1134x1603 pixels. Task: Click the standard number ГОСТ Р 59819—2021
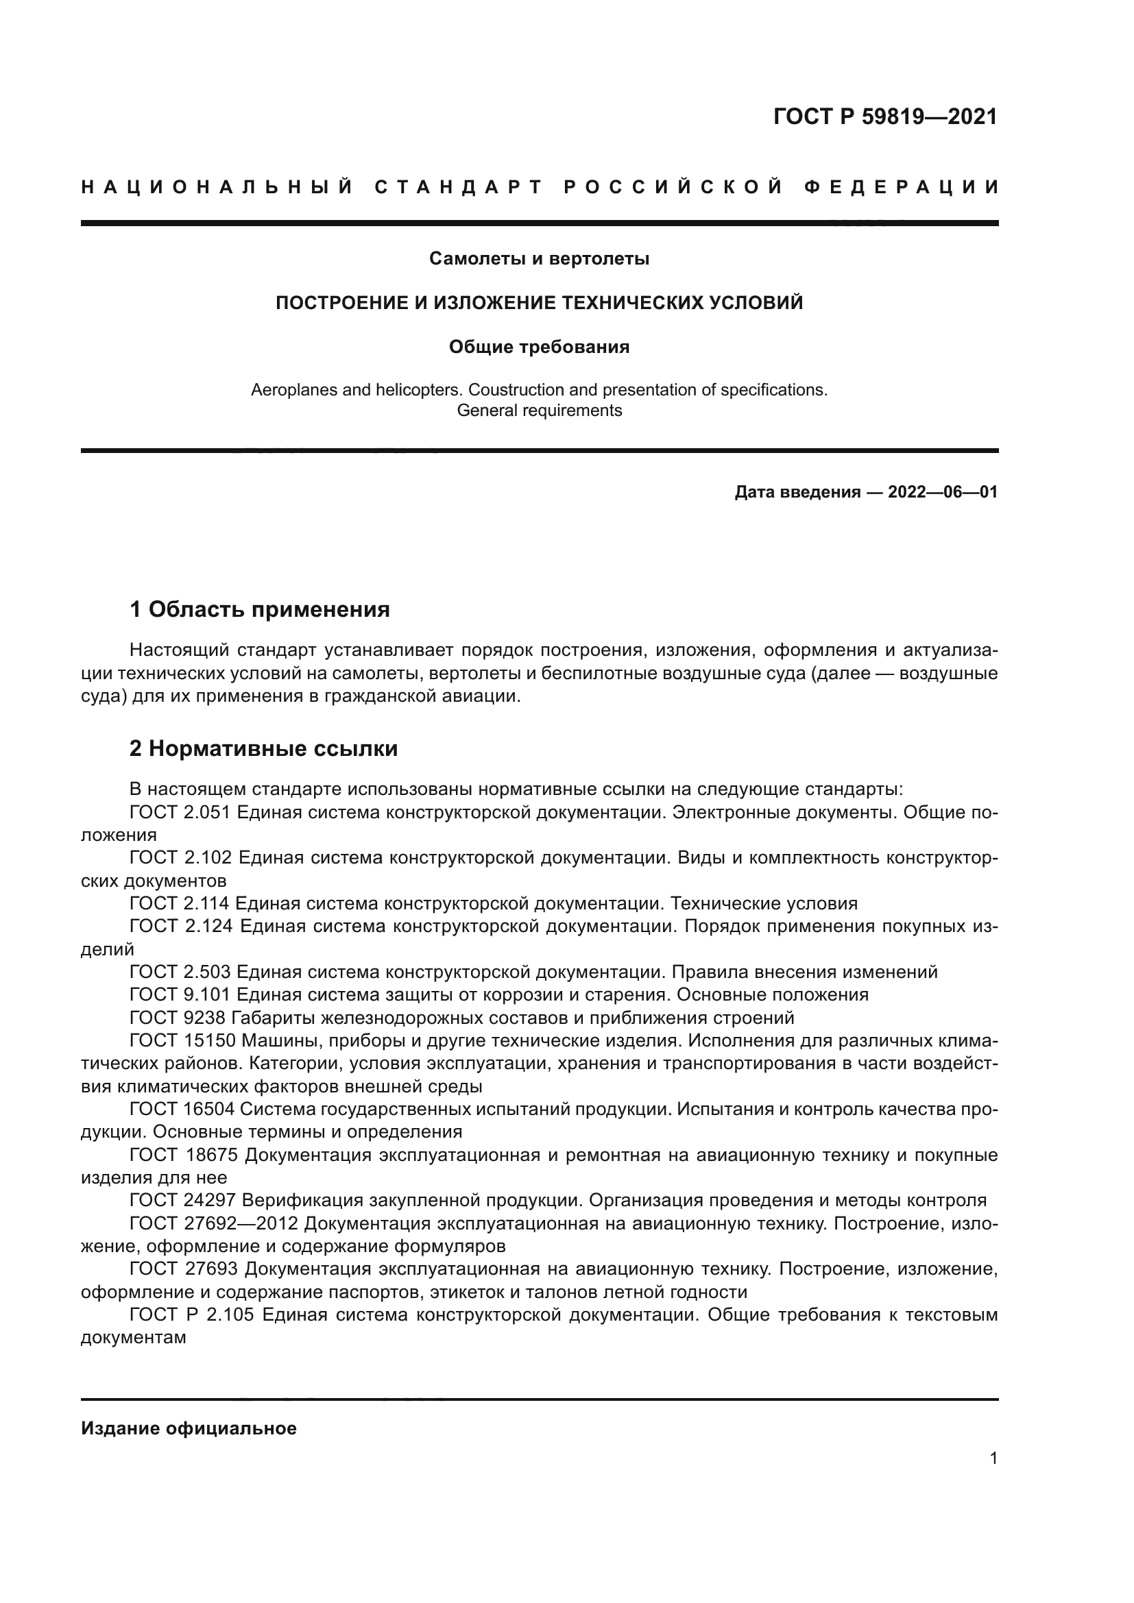[x=884, y=117]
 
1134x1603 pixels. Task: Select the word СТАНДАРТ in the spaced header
[x=459, y=187]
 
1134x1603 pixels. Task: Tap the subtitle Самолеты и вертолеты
[x=539, y=259]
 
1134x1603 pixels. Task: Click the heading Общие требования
[x=539, y=347]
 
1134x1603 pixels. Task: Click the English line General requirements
[x=539, y=411]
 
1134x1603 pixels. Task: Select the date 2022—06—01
[x=942, y=492]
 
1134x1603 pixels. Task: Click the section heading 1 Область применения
[x=260, y=609]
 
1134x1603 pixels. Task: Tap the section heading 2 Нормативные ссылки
[x=264, y=748]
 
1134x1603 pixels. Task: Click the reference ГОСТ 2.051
[x=180, y=813]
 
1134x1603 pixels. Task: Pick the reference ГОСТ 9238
[x=178, y=1017]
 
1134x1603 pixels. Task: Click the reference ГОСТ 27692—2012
[x=214, y=1223]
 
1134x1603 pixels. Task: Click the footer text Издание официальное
[x=189, y=1428]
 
